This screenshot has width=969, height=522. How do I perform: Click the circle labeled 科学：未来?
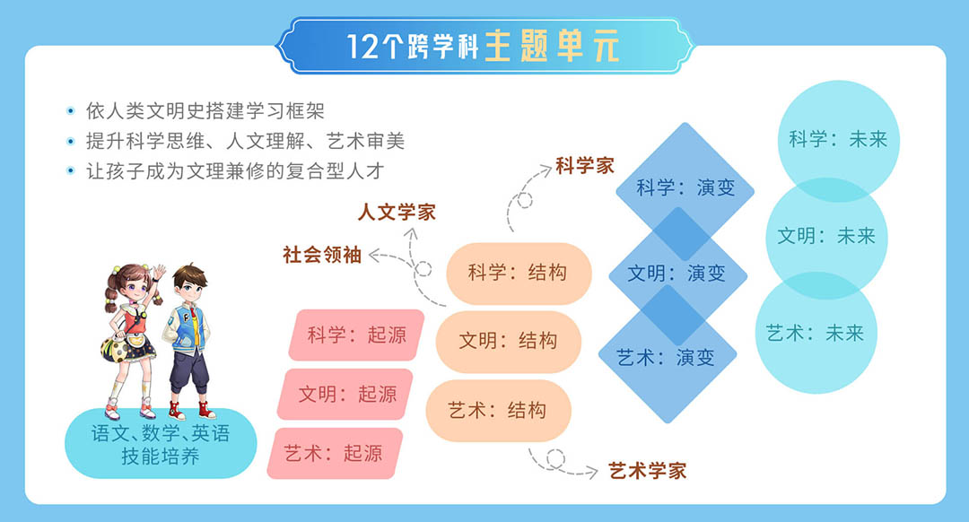tap(838, 140)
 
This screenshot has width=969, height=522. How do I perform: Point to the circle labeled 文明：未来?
tap(825, 237)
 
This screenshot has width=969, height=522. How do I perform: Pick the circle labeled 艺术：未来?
tap(815, 334)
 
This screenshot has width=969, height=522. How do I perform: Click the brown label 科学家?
tap(584, 166)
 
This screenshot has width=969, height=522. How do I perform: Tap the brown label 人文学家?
tap(397, 213)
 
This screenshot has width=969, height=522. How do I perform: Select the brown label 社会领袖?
tap(322, 254)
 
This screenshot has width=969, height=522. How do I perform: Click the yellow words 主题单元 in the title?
tap(552, 45)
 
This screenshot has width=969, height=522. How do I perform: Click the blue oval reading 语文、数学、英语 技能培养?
tap(161, 444)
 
